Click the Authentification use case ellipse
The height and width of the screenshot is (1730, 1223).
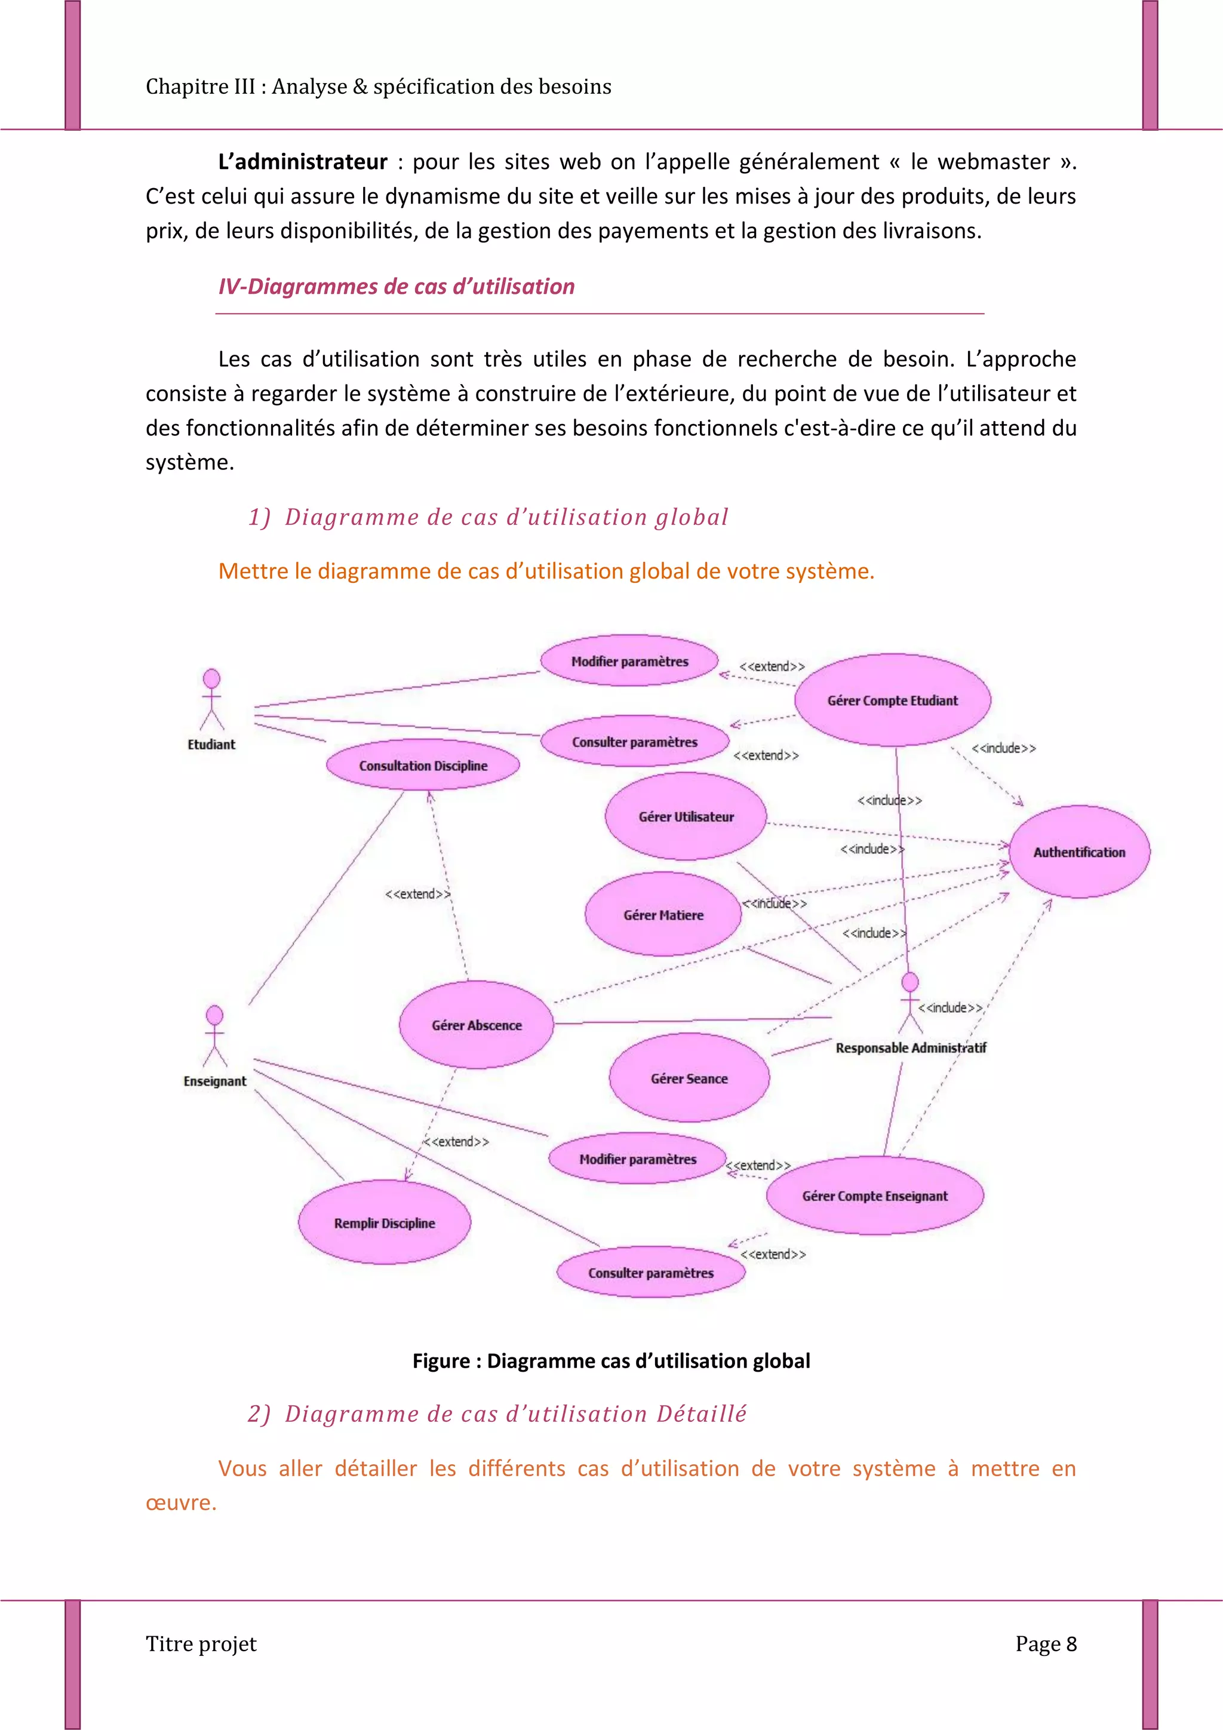pos(1079,852)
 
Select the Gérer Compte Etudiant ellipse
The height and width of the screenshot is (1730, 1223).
pos(892,700)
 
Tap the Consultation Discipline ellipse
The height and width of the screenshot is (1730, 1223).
pos(423,765)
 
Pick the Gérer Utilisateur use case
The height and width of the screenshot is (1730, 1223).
pos(686,816)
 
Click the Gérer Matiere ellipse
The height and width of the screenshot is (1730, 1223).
pos(663,914)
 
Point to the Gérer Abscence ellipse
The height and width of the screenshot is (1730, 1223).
pos(476,1025)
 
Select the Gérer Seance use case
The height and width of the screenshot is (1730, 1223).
pos(689,1078)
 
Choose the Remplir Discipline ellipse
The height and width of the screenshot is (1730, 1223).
pos(385,1222)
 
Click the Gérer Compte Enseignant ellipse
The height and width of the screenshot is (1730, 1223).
pos(875,1195)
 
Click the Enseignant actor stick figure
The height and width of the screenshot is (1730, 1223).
pos(215,1036)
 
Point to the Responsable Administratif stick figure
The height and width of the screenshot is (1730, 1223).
pos(910,1002)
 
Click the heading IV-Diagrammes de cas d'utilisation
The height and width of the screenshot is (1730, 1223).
pos(397,286)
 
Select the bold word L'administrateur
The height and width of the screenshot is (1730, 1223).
pos(303,162)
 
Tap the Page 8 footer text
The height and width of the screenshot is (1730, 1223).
pos(1046,1643)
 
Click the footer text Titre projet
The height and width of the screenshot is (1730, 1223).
pos(201,1643)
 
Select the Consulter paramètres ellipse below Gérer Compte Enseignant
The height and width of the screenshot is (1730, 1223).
pos(651,1272)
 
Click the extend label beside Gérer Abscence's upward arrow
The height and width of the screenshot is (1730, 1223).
pos(417,893)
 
